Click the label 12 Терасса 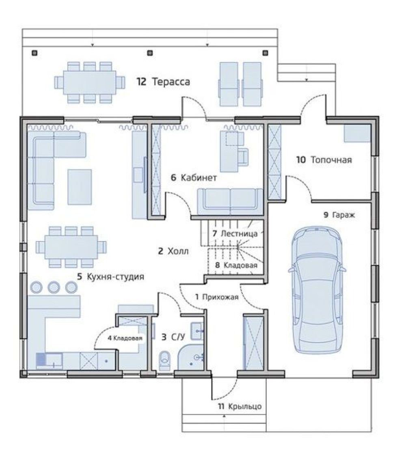[163, 82]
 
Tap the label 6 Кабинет [194, 177]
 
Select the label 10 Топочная [324, 160]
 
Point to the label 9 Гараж [339, 215]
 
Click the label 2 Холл [173, 251]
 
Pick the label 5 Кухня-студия [110, 277]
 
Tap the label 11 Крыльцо [240, 406]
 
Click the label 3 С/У [173, 337]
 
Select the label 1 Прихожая [217, 297]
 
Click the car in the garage [317, 289]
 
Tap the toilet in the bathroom [165, 360]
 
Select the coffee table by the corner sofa [80, 187]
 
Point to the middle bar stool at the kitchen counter [54, 287]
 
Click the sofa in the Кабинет [230, 202]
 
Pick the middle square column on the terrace [150, 53]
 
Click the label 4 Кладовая [125, 338]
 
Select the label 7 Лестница [235, 233]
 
